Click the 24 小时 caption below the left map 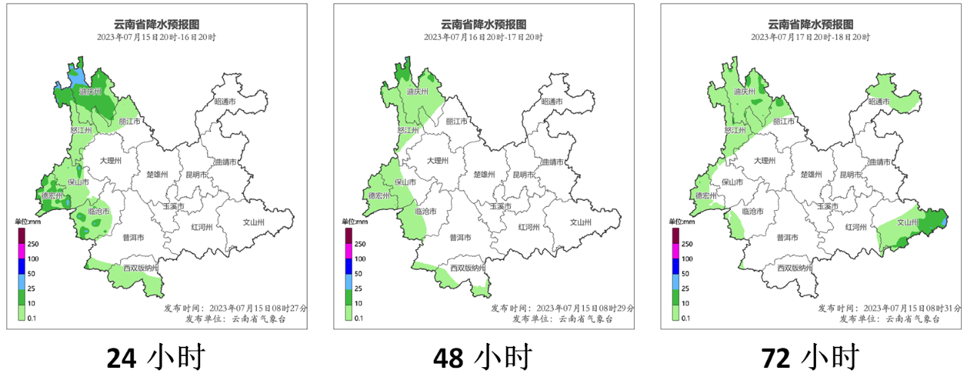155,356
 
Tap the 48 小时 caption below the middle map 483,356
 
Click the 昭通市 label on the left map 225,101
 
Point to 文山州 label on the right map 907,223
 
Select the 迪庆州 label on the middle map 417,91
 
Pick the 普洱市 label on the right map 788,237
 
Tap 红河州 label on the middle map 529,227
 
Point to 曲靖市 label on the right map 879,162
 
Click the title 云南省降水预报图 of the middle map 484,23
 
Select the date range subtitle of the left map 156,37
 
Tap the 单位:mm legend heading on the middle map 355,221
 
